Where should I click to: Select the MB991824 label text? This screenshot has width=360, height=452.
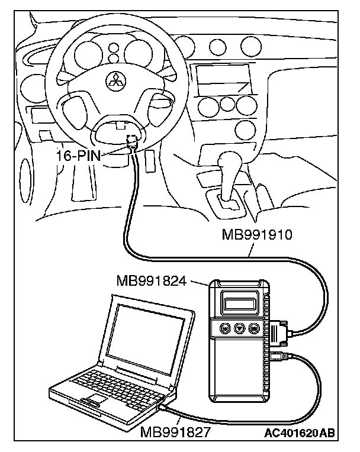point(152,280)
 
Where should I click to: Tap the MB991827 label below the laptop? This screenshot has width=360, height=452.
point(176,432)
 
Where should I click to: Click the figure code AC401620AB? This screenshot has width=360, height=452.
point(299,433)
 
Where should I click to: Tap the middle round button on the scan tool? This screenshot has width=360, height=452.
point(240,328)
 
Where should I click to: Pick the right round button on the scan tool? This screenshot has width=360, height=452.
point(254,328)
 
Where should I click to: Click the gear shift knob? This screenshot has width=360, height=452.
point(229,160)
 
